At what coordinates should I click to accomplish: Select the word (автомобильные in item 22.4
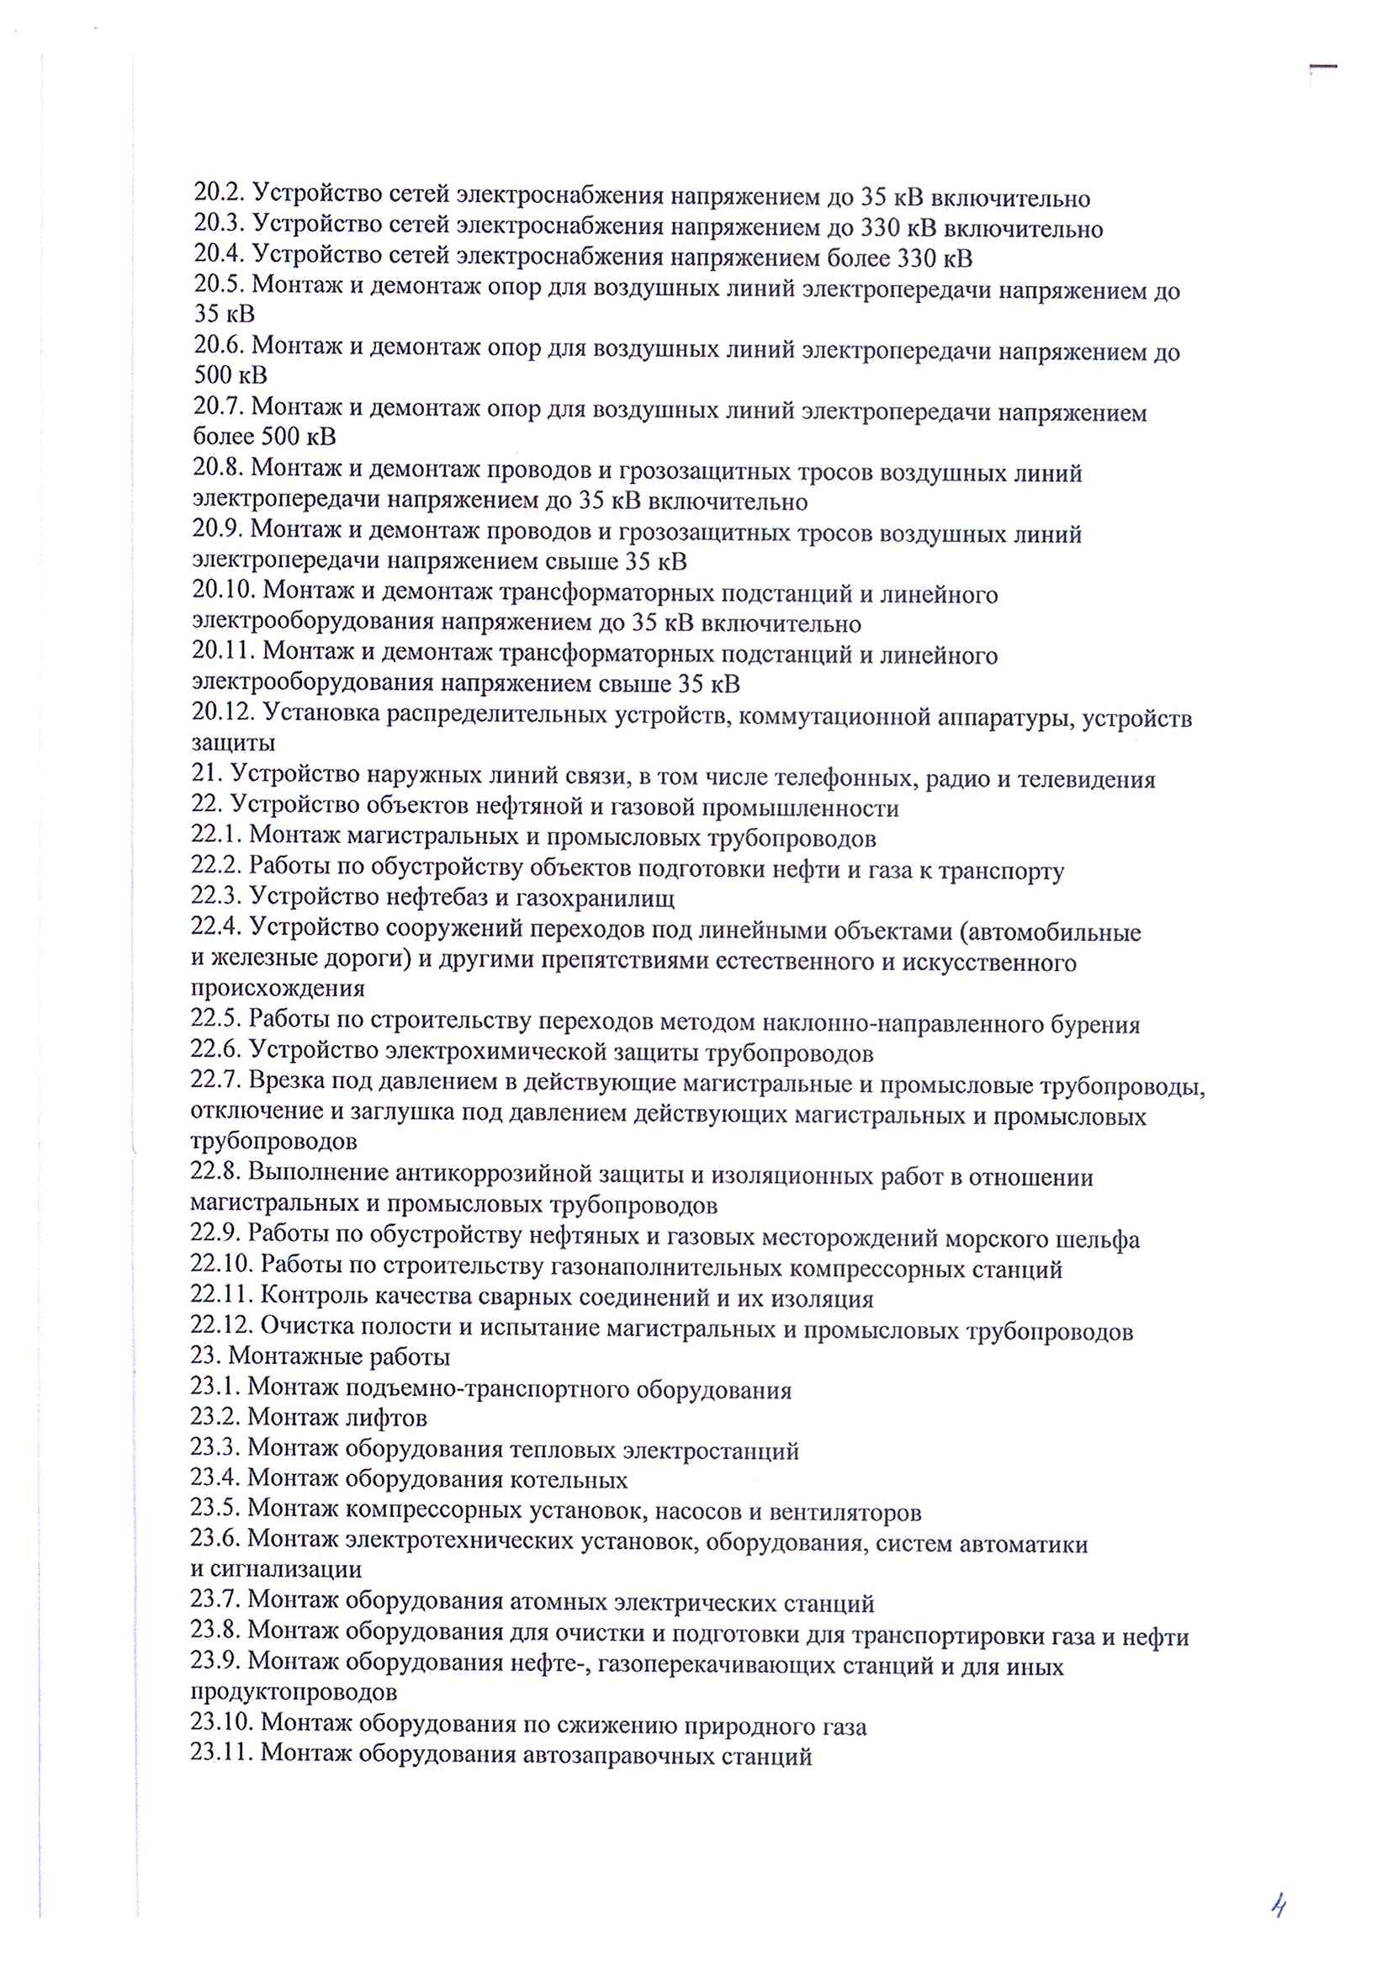(x=1051, y=931)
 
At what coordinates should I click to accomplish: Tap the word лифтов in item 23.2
(x=386, y=1417)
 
